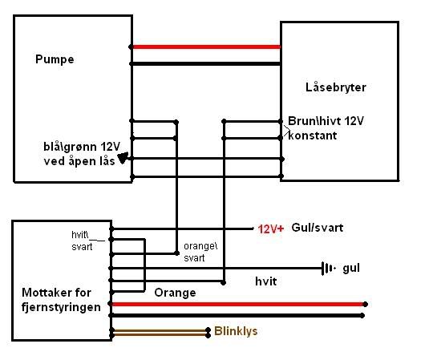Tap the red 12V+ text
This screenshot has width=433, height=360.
coord(271,229)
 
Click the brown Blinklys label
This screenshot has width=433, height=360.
coord(237,330)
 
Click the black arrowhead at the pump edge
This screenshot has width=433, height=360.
coord(123,158)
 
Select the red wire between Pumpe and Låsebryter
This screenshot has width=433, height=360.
coord(205,47)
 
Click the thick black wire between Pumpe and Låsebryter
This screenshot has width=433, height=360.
coord(205,63)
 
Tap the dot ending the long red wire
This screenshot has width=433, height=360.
coord(366,304)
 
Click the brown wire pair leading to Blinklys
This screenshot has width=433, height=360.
coord(160,330)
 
